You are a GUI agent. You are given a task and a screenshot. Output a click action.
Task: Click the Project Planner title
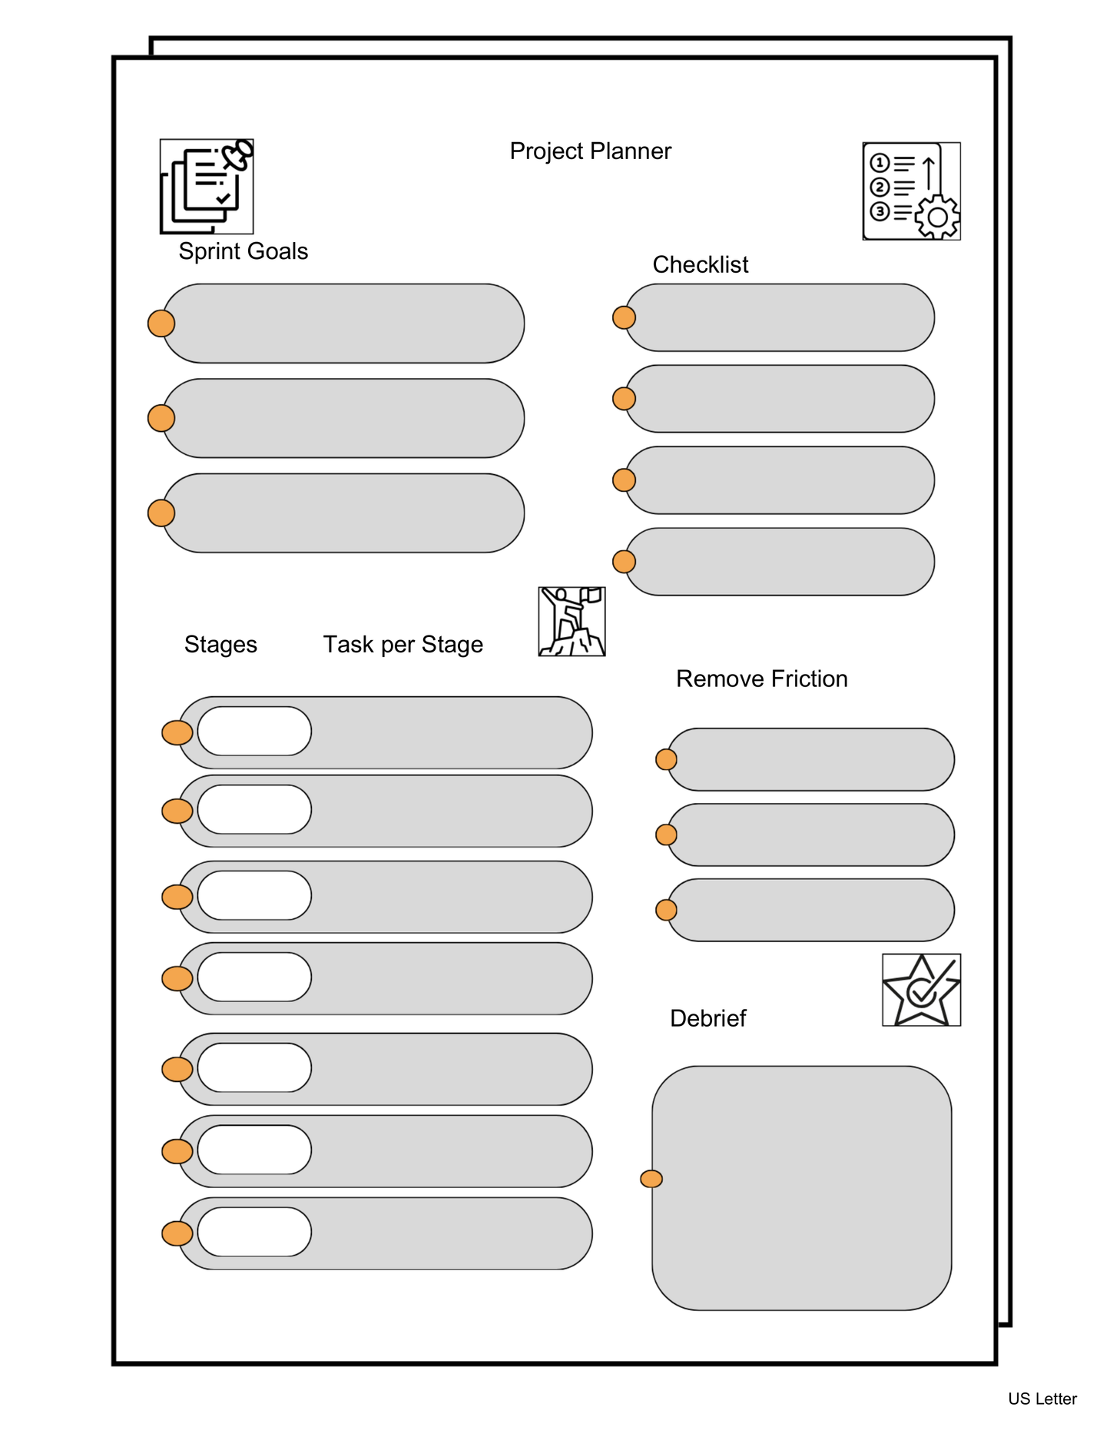pos(590,151)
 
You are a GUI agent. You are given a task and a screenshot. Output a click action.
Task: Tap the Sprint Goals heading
pos(243,251)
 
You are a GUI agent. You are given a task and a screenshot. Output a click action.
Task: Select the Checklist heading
pos(700,264)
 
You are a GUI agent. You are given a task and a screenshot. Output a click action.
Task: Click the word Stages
pos(220,644)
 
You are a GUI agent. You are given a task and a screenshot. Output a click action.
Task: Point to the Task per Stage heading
pos(403,644)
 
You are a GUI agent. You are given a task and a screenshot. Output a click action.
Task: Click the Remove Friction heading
pos(761,679)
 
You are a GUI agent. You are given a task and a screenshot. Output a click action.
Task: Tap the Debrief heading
pos(707,1018)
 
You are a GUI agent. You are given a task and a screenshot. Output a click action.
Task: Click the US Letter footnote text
pos(1042,1399)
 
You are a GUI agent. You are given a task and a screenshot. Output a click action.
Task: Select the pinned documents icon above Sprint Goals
pos(206,187)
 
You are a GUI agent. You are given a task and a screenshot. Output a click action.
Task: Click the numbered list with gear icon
pos(911,191)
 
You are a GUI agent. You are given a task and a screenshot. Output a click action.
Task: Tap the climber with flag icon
pos(572,621)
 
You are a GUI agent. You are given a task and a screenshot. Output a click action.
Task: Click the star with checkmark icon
pos(921,990)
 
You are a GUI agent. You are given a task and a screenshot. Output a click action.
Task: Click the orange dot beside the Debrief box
pos(651,1179)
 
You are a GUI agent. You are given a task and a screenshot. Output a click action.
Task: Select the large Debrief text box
pos(801,1187)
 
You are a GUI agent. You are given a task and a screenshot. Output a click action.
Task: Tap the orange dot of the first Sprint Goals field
pos(161,324)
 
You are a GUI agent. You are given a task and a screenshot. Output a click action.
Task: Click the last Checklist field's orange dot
pos(624,562)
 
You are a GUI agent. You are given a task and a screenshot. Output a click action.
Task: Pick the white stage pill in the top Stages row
pos(254,731)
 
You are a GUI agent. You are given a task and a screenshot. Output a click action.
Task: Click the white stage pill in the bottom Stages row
pos(254,1232)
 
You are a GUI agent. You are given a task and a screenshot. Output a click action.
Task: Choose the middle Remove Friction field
pos(810,835)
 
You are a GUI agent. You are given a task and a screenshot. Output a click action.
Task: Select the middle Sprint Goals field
pos(343,418)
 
